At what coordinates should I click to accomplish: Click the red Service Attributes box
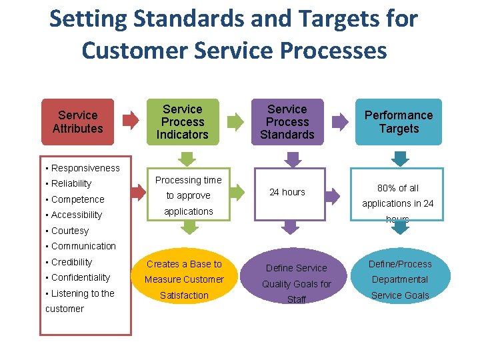tap(78, 121)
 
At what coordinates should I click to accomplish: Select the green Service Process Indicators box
tap(183, 121)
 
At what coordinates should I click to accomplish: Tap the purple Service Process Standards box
tap(287, 121)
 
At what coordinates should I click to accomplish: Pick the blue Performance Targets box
tap(399, 121)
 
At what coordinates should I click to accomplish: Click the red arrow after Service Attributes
tap(131, 121)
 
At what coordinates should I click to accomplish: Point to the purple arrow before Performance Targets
tap(341, 121)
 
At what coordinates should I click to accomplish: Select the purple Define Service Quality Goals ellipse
tap(296, 283)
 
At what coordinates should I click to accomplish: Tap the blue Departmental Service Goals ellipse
tap(400, 279)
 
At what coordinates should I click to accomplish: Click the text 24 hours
tap(287, 192)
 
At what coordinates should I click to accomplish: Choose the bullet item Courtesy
tap(69, 231)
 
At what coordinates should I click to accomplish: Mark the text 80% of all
tap(398, 188)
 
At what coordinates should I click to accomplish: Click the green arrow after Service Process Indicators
tap(236, 121)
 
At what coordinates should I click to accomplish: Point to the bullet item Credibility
tap(71, 262)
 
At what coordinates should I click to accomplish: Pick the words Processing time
tap(189, 180)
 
